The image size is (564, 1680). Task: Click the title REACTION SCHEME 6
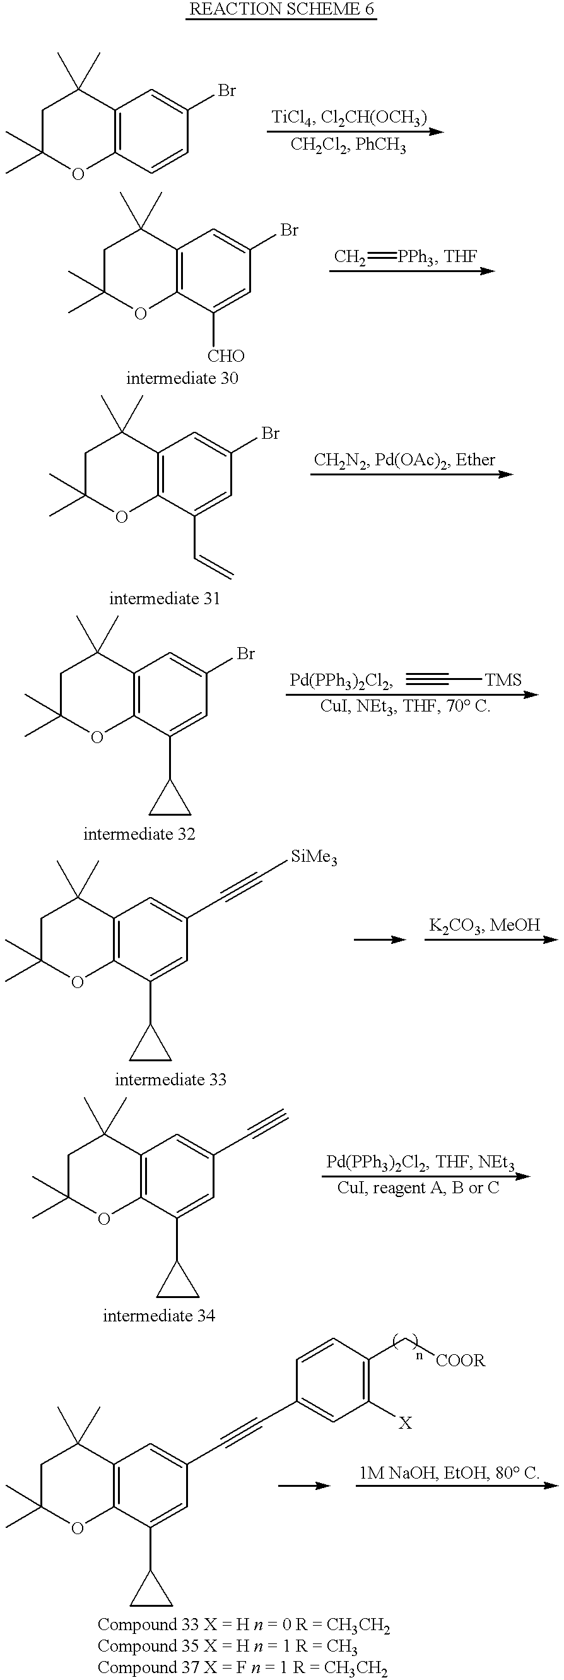coord(281,9)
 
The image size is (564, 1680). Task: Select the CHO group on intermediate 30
coord(226,356)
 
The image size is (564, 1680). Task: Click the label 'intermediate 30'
coord(182,378)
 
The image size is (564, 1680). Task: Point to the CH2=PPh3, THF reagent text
coord(405,256)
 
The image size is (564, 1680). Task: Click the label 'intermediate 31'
coord(164,598)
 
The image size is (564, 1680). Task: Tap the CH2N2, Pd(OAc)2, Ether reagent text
coord(404,460)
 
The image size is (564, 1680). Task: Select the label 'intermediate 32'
coord(139,833)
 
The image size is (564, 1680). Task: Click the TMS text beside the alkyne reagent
coord(503,680)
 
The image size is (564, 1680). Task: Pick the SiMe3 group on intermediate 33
coord(314,857)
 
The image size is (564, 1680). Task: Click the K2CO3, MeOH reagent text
coord(485,925)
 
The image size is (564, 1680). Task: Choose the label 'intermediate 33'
coord(170,1080)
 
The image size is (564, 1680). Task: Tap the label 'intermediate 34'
coord(158,1316)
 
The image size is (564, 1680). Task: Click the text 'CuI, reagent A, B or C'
coord(418,1188)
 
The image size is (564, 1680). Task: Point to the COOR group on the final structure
coord(461,1361)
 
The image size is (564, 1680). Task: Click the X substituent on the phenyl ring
coord(405,1423)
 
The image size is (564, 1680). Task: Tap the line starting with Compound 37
coord(242,1668)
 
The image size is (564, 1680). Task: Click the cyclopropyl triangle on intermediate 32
coord(170,802)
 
